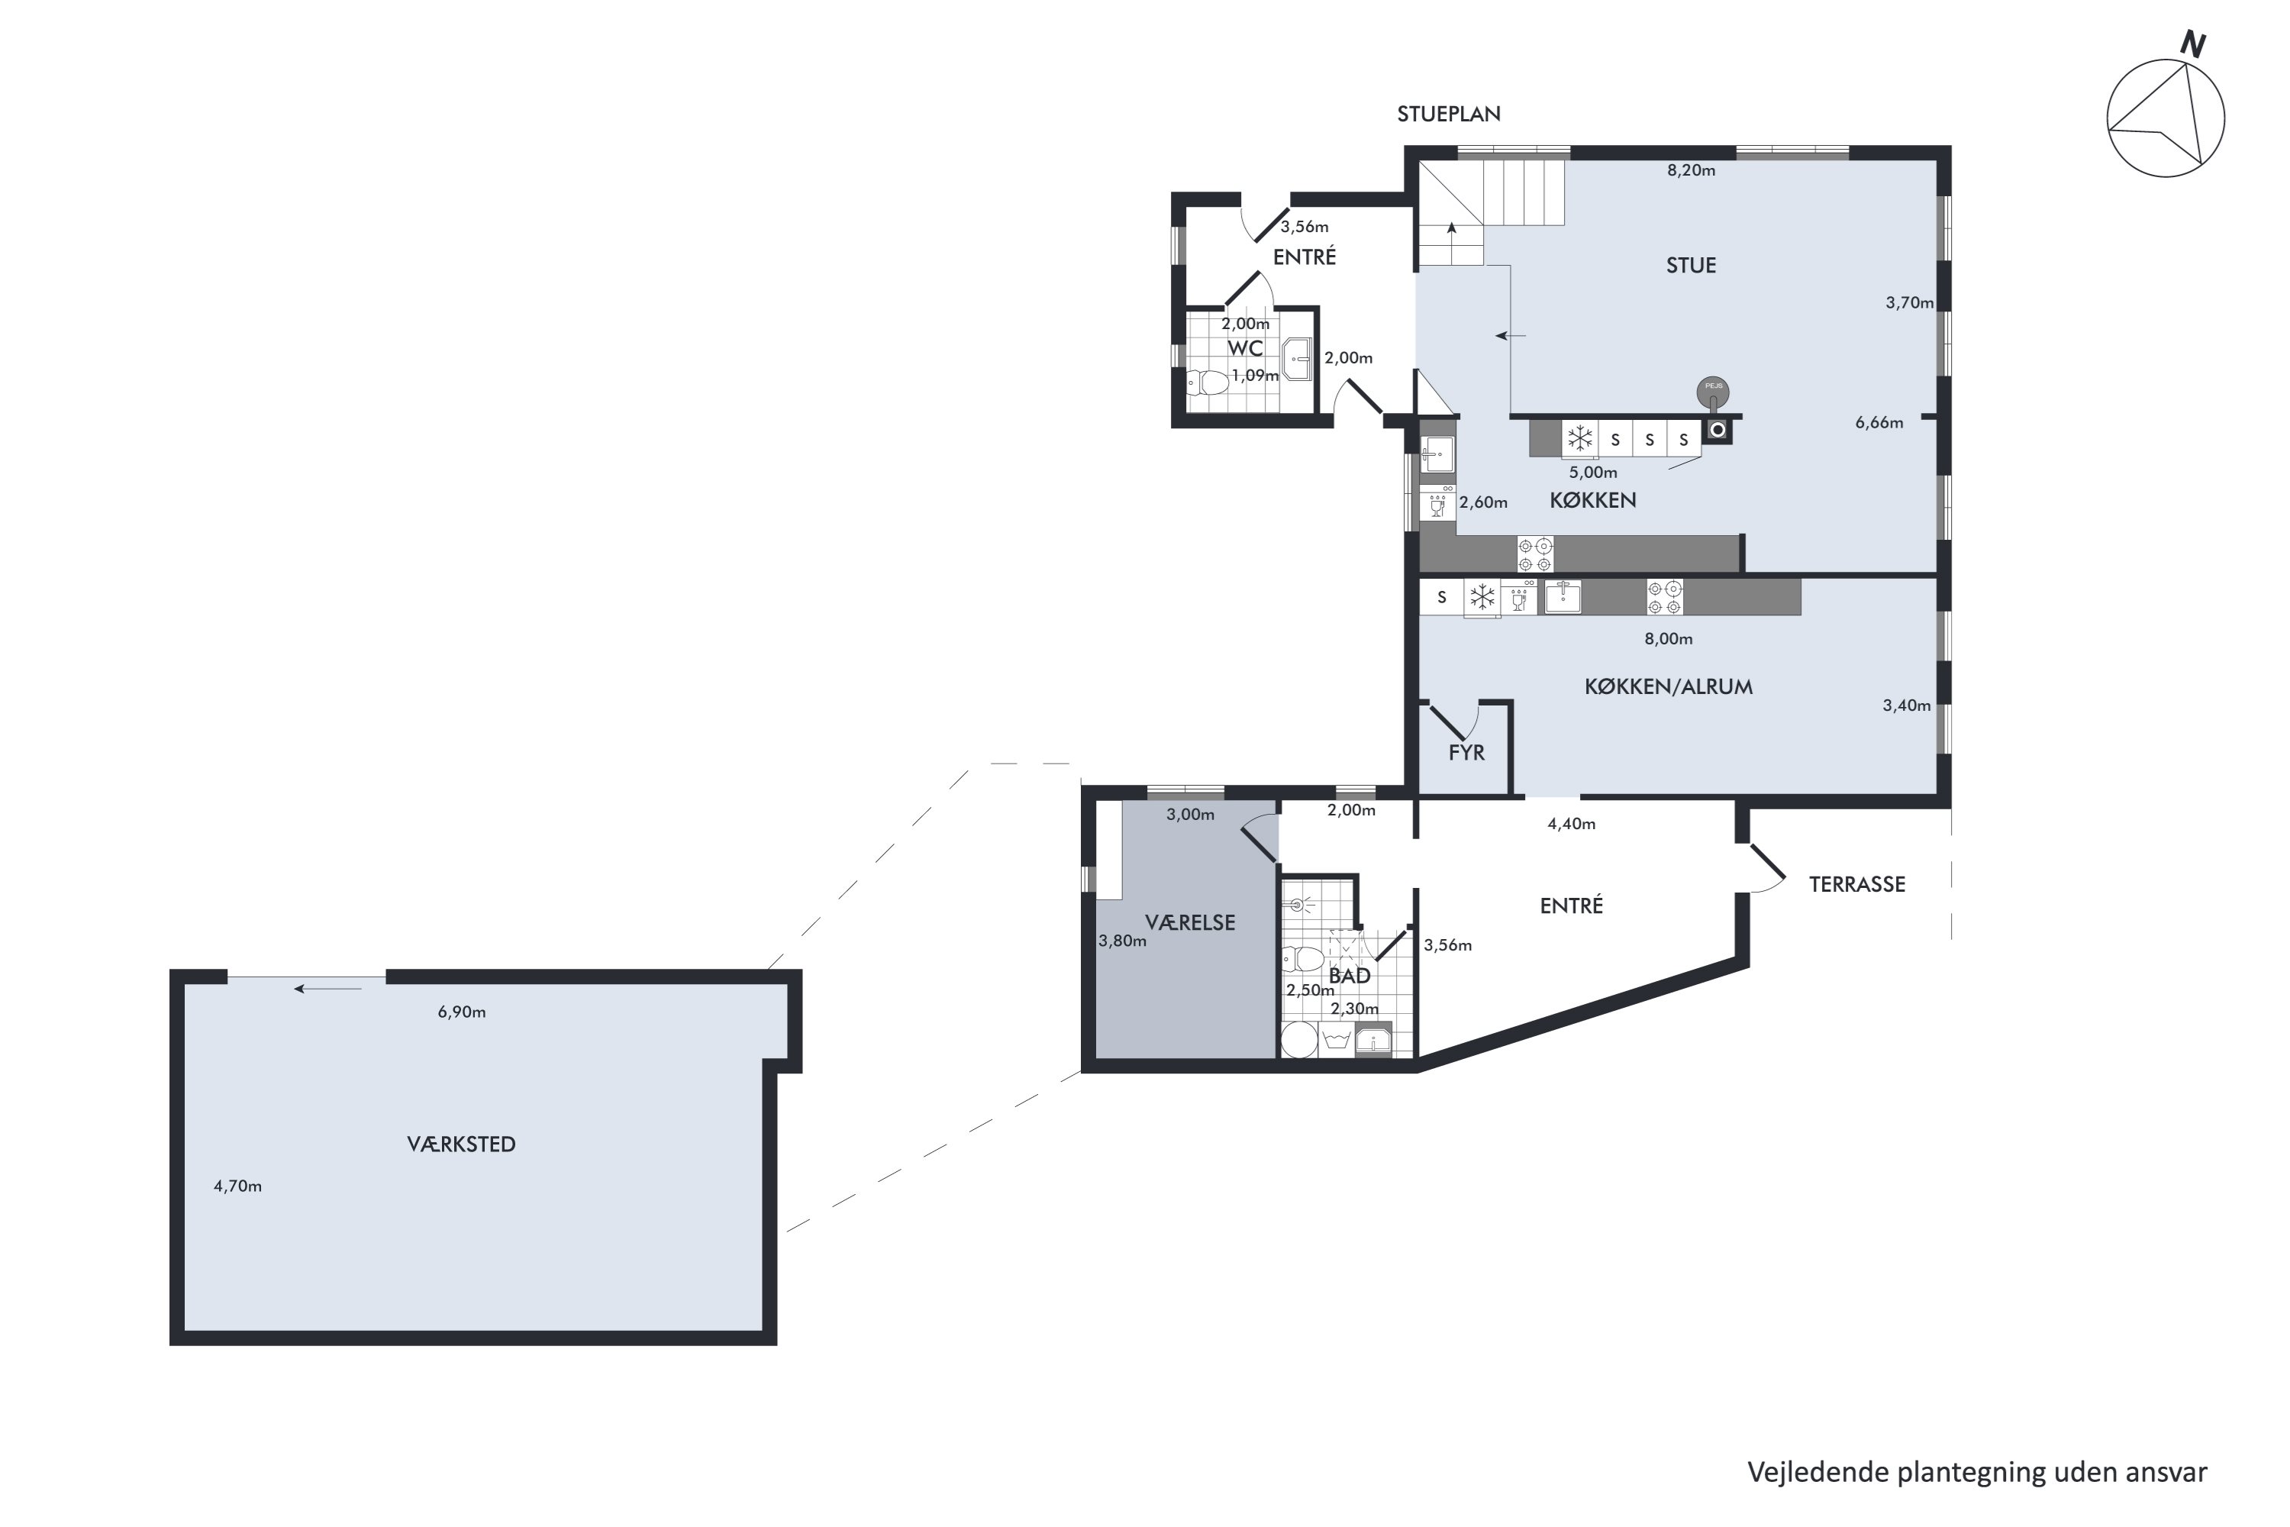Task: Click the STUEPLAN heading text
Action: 1449,114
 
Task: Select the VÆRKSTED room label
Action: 462,1144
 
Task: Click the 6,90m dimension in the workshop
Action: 462,1012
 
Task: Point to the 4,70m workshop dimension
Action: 237,1186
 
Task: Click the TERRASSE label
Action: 1856,884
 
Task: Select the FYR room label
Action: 1466,753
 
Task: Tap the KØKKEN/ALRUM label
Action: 1668,686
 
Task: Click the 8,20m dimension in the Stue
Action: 1692,170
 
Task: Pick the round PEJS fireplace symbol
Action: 1714,392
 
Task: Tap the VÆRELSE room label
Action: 1190,923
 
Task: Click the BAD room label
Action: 1350,976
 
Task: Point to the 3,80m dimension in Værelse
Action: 1123,941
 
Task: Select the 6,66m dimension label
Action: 1879,423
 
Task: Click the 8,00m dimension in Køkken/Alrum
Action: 1669,639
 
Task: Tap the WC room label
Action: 1245,347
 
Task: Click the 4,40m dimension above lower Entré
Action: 1572,824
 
